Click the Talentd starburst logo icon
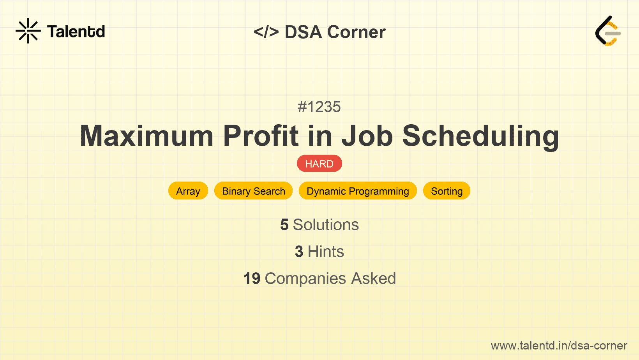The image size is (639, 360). pos(28,31)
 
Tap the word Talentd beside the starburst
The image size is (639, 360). pos(76,32)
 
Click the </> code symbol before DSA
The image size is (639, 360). pos(266,32)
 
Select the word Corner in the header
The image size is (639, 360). pos(357,32)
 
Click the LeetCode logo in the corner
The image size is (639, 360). pos(608,31)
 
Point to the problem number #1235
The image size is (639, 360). pos(319,107)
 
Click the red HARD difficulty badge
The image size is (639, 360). pos(319,164)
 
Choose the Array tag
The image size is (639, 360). pos(188,191)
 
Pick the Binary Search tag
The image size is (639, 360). pos(253,191)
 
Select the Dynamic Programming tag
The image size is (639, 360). pos(358,191)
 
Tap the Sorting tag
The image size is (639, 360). pos(447,191)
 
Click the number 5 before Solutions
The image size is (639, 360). pos(284,225)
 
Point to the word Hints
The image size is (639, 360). pos(326,252)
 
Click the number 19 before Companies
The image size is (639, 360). pos(252,279)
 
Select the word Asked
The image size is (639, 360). pos(373,279)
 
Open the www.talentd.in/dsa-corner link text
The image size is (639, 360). pos(559,346)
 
